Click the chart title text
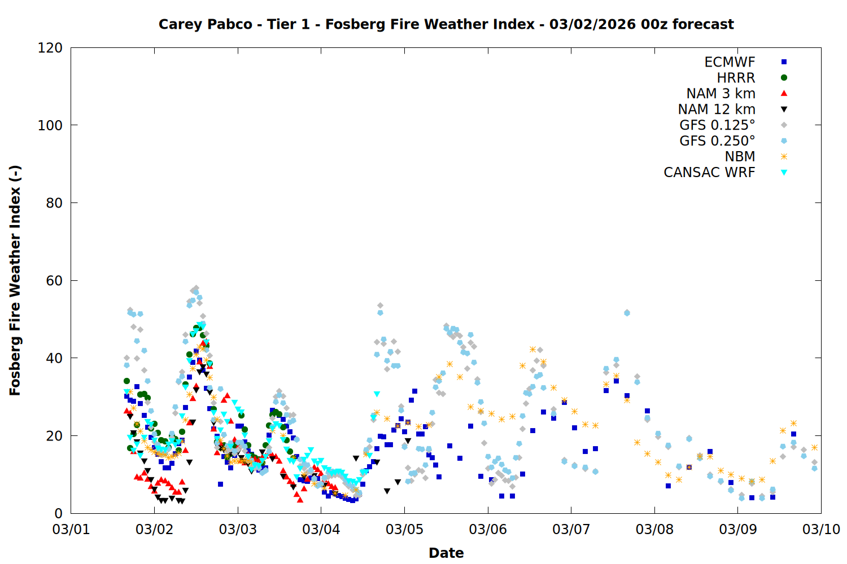[x=446, y=24]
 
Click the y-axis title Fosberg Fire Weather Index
[x=15, y=280]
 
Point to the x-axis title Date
[x=446, y=553]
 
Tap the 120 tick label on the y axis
[x=50, y=48]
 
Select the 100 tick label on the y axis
[x=50, y=125]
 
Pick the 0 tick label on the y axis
[x=58, y=513]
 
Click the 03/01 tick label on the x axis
[x=71, y=530]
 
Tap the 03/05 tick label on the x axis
[x=404, y=530]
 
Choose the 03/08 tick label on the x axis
[x=654, y=530]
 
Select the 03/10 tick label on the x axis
[x=821, y=530]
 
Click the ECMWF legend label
[x=730, y=62]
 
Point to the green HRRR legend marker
[x=784, y=78]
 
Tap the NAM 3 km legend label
[x=721, y=94]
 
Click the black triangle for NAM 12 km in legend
[x=784, y=109]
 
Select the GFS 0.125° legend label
[x=717, y=125]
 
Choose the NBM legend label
[x=740, y=157]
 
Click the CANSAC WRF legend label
[x=709, y=173]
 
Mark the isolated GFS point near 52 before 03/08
[x=627, y=312]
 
